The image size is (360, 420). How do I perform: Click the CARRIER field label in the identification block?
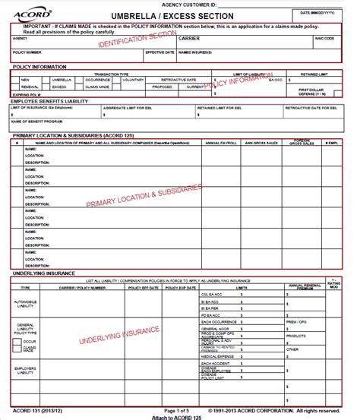(189, 37)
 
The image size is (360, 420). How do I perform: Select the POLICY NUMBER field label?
(28, 52)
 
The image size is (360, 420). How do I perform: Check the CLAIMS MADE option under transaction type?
(98, 87)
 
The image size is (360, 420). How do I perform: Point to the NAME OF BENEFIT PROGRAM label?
(36, 121)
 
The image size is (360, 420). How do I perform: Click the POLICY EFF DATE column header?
(143, 288)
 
